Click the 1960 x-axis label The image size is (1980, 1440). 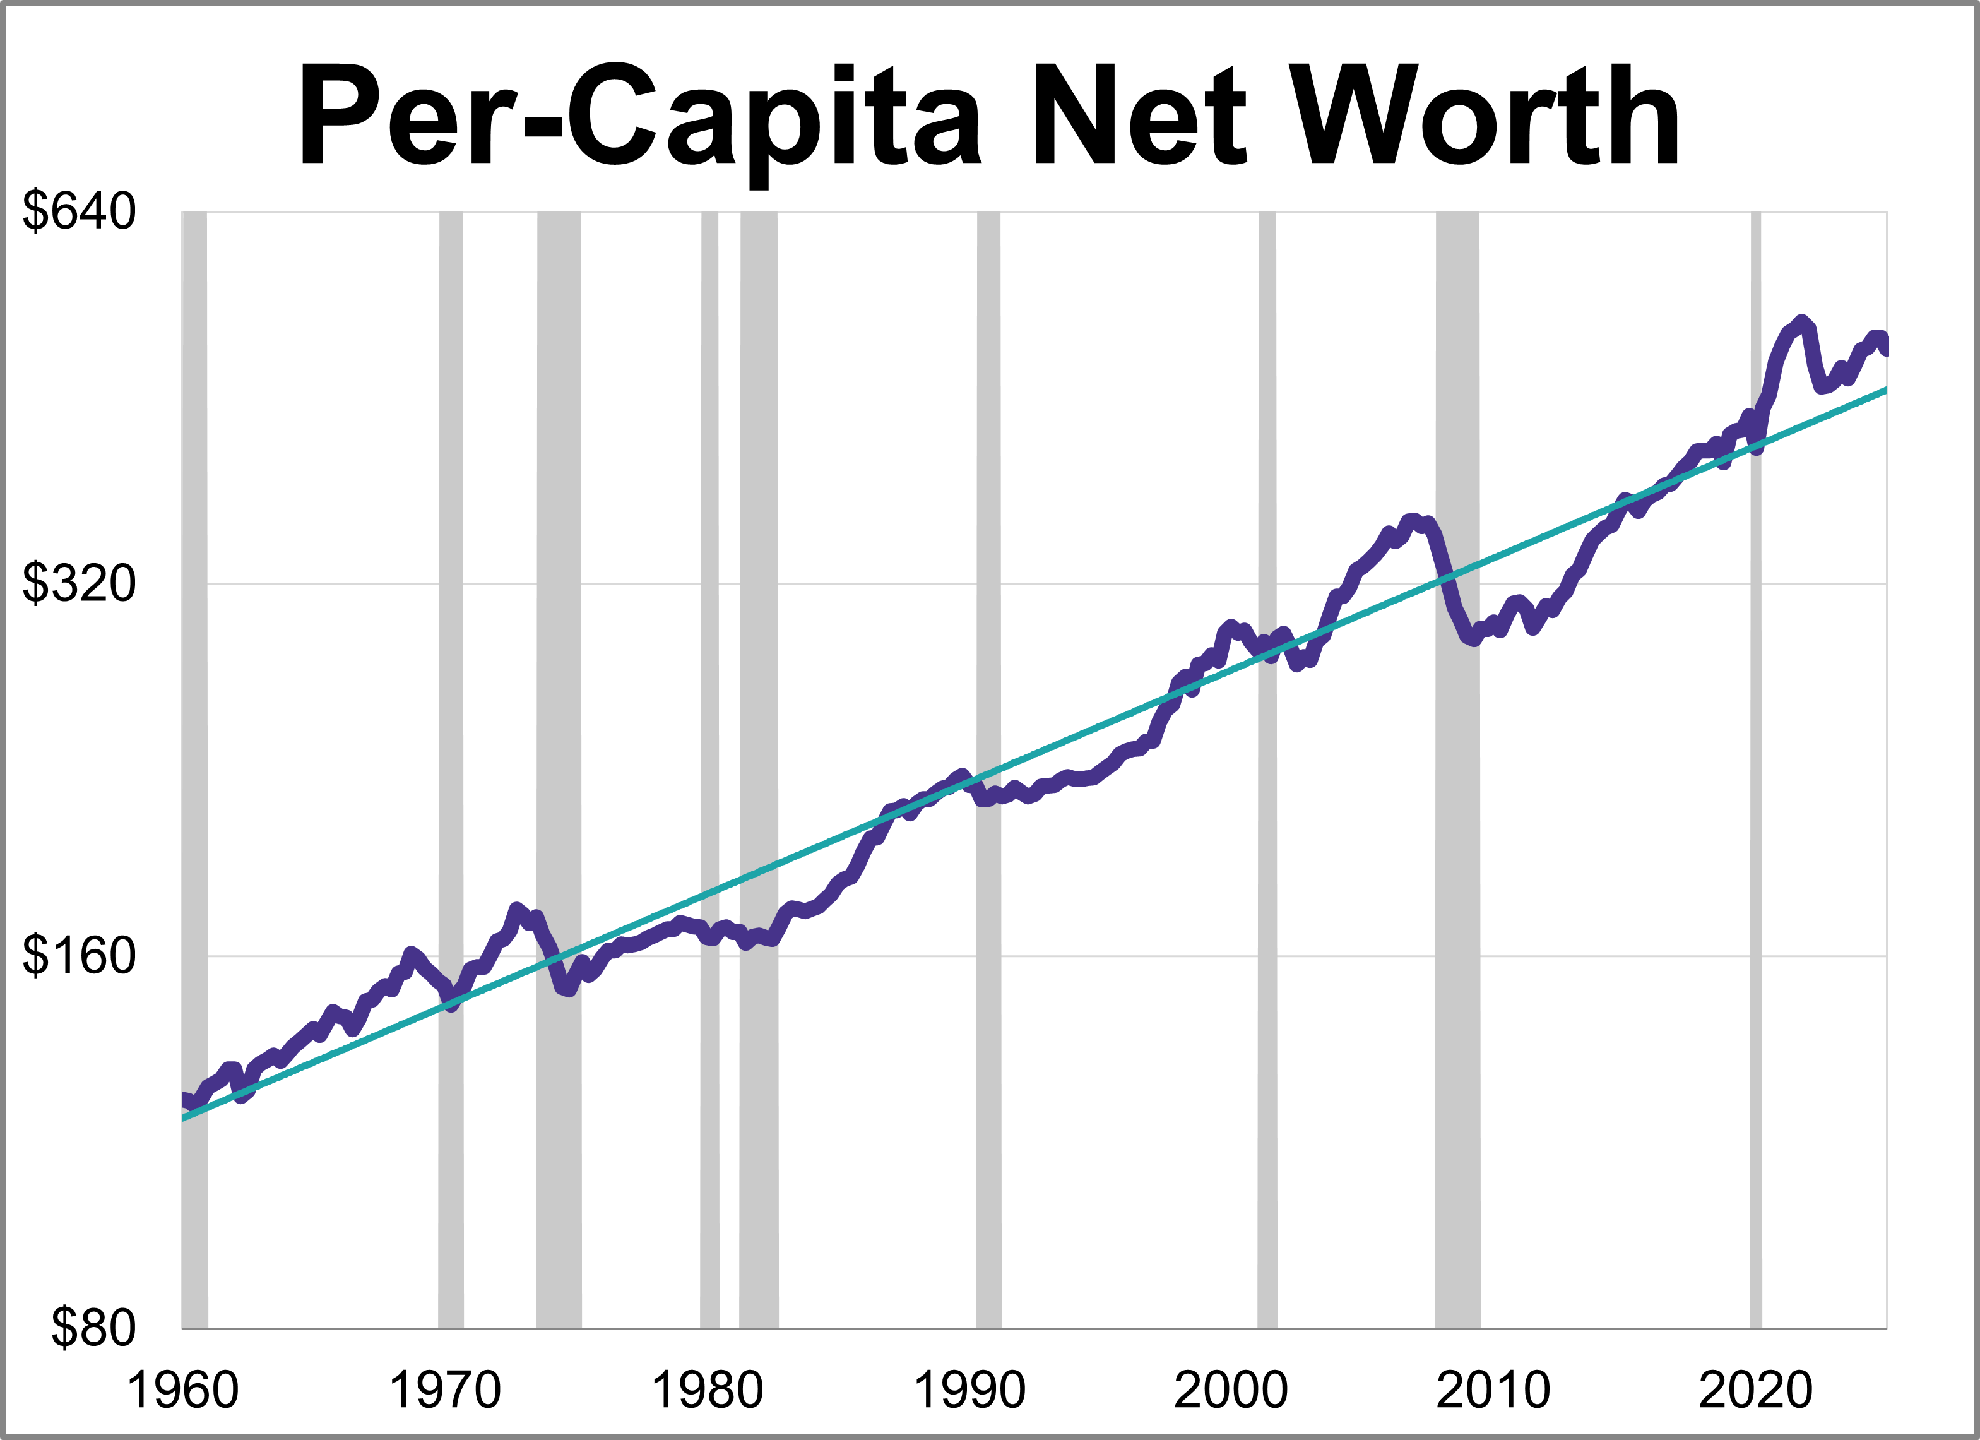182,1390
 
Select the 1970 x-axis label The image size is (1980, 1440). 444,1390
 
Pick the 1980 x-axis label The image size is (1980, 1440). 707,1390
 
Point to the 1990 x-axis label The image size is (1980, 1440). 969,1390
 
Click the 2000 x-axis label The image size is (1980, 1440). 1231,1390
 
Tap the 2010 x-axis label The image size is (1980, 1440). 1493,1390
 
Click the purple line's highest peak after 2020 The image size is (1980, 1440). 1801,321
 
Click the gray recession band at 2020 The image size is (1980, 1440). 1756,786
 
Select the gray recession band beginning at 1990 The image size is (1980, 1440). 988,786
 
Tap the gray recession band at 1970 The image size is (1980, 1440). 451,786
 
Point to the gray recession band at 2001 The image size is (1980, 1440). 1267,786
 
